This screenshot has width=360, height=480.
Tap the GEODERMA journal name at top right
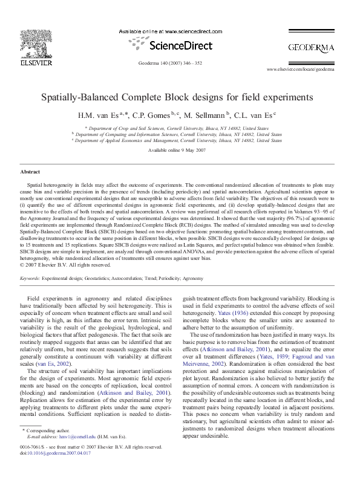pos(311,47)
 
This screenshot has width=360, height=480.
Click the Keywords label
pos(30,279)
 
